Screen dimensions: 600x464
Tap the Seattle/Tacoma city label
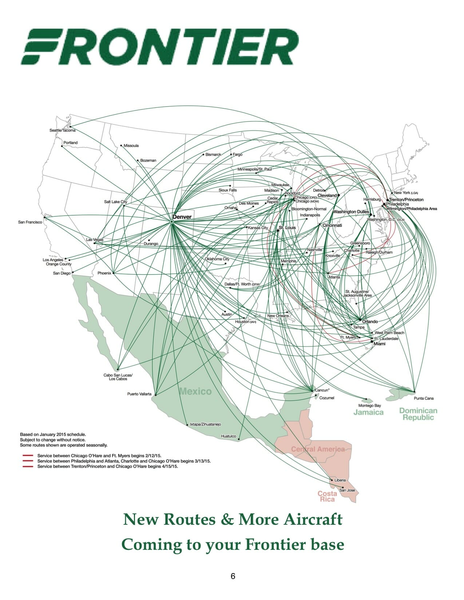click(x=62, y=131)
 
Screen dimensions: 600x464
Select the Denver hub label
click(x=182, y=217)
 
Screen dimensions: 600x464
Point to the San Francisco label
click(x=30, y=222)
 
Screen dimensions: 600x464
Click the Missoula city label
click(x=131, y=146)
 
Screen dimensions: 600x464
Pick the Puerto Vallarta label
click(x=139, y=394)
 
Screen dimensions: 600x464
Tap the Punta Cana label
click(x=424, y=398)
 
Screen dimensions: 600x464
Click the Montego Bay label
click(x=369, y=405)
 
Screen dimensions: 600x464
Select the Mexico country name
click(x=195, y=391)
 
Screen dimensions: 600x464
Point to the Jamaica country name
click(x=368, y=412)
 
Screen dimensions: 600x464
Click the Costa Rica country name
click(x=327, y=496)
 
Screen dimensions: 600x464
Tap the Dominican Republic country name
click(x=418, y=414)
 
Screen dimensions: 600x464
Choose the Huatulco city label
click(x=229, y=436)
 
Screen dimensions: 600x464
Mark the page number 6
click(x=233, y=576)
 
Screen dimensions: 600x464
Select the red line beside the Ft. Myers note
click(x=28, y=455)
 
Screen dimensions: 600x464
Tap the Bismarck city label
click(x=213, y=155)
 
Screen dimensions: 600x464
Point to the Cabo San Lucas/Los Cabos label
click(x=118, y=377)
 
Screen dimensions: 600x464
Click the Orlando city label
click(x=370, y=321)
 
